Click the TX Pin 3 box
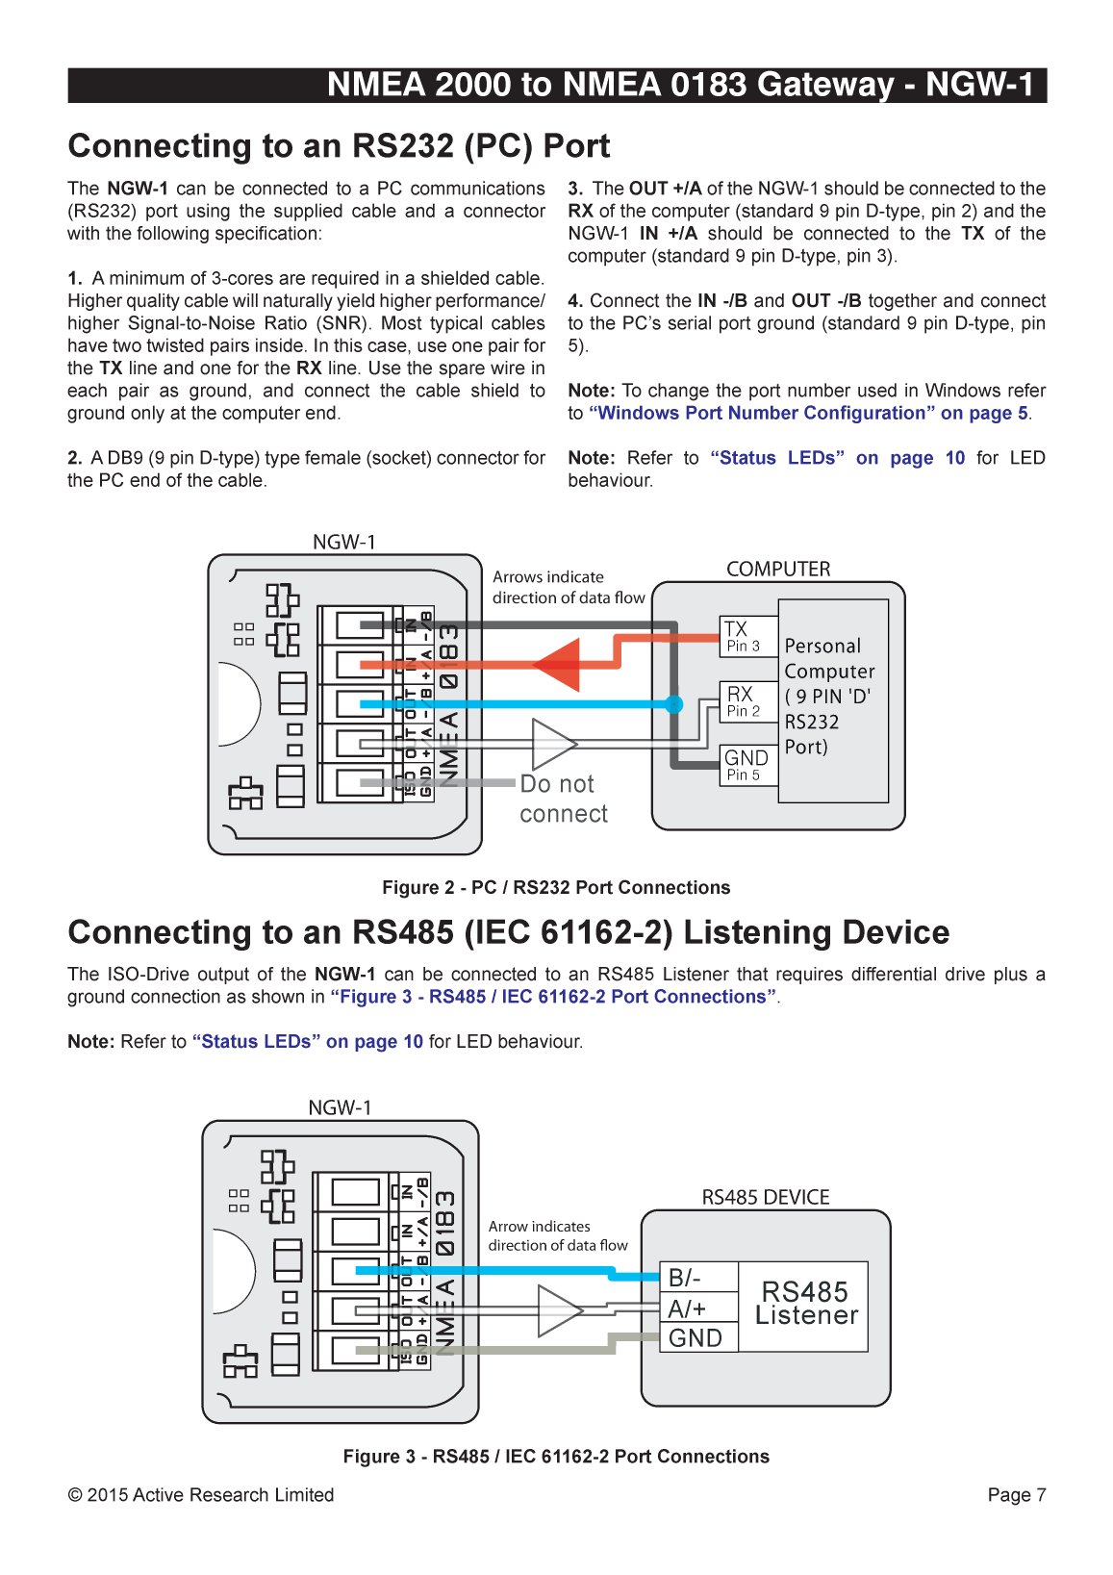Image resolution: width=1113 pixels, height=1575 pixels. pos(748,636)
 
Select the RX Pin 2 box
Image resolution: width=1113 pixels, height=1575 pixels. pos(748,701)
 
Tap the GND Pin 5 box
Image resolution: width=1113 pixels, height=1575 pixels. pos(748,765)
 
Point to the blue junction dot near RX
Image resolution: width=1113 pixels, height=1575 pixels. pos(674,704)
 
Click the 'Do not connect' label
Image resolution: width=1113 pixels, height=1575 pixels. pos(563,799)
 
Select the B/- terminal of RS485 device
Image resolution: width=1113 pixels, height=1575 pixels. pos(697,1278)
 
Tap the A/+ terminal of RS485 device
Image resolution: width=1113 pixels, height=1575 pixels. pos(697,1308)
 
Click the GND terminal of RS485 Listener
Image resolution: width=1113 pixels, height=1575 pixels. pos(697,1338)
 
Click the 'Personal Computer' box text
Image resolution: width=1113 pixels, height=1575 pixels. pos(830,696)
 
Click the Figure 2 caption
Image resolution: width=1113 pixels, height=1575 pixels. pos(556,887)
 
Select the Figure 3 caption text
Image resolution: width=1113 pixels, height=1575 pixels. pos(556,1456)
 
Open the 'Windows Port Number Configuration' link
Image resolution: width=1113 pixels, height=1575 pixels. pos(808,413)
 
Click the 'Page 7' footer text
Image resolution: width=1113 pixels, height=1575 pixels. pos(1016,1494)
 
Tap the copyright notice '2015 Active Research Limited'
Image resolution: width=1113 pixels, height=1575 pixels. pos(201,1494)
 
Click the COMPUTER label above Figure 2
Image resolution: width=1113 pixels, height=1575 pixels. pos(777,569)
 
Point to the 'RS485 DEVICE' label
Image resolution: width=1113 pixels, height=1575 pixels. pos(765,1197)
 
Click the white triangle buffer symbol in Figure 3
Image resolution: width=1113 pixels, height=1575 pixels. pos(557,1310)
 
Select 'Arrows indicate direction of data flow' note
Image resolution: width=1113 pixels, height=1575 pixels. pos(568,587)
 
